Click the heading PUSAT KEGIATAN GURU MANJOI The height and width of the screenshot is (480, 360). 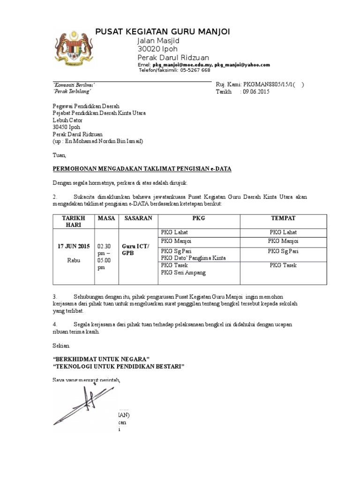(163, 31)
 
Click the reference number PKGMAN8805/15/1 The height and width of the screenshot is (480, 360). (270, 84)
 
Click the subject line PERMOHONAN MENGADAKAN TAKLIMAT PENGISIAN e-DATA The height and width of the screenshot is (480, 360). (142, 168)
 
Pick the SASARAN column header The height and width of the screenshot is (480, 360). (137, 218)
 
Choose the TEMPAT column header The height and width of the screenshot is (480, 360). (283, 218)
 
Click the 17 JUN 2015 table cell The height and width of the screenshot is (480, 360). (70, 246)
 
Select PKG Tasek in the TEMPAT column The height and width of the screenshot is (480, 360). (283, 265)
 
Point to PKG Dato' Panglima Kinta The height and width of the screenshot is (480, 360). (193, 258)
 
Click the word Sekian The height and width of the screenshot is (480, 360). (60, 346)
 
